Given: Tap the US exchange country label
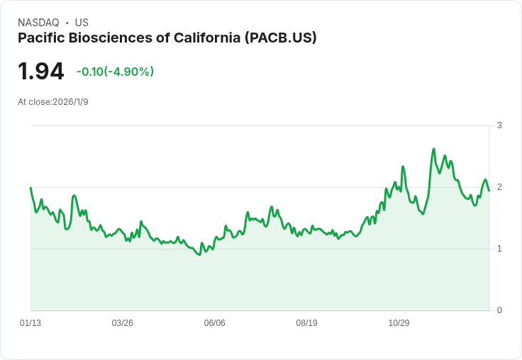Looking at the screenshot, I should (x=82, y=23).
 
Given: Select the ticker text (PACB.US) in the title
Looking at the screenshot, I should (x=280, y=38).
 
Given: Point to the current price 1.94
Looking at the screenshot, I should (x=40, y=71).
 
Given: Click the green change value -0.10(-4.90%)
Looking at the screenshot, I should (x=115, y=72).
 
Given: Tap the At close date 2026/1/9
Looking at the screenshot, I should (x=70, y=102).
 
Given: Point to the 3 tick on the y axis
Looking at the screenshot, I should (x=499, y=125).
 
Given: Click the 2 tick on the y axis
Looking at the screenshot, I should (x=499, y=187).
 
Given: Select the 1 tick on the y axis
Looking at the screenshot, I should (x=499, y=249).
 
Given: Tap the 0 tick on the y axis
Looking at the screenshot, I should (x=499, y=310).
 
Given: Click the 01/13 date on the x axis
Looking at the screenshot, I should (x=30, y=323).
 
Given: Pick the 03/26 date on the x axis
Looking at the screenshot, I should (x=123, y=323).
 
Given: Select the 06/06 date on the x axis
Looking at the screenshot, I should (x=214, y=323).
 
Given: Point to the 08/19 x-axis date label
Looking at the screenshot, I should (x=306, y=323).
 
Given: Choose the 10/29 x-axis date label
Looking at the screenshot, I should (x=399, y=323).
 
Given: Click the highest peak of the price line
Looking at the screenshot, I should (x=433, y=149).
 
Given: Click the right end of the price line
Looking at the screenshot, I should (x=489, y=190).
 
